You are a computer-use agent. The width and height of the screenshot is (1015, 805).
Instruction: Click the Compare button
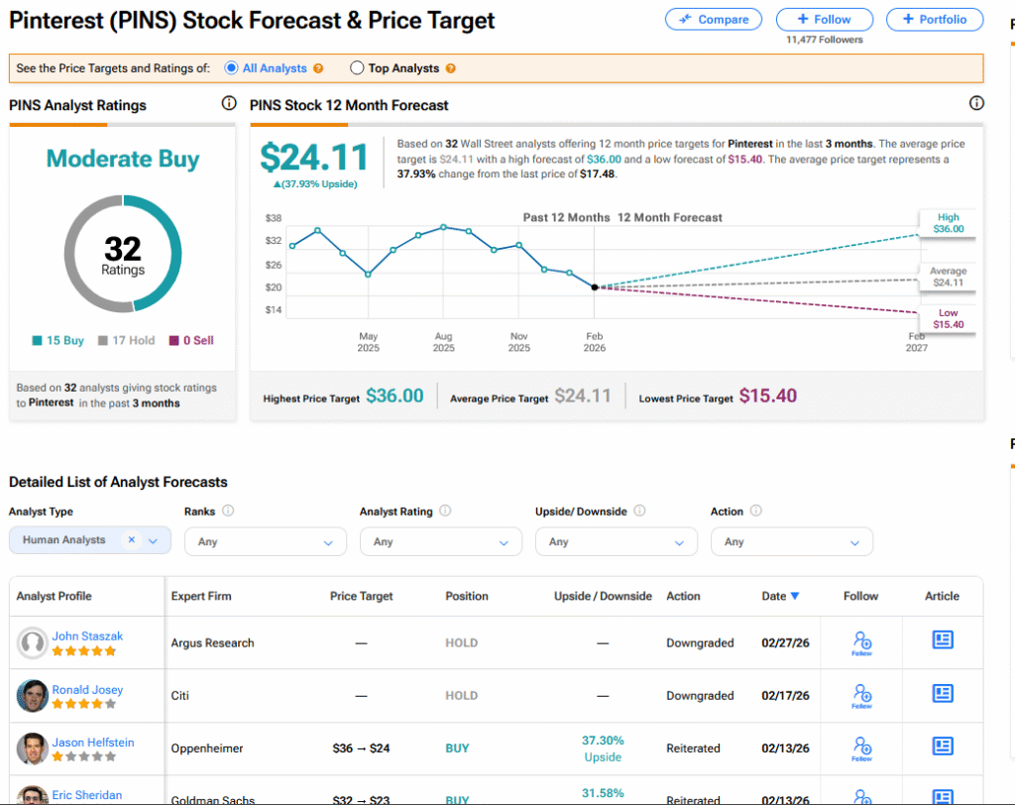tap(714, 19)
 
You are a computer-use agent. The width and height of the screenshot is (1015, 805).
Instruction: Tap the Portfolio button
tap(934, 19)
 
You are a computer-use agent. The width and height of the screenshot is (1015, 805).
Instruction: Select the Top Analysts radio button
tap(358, 68)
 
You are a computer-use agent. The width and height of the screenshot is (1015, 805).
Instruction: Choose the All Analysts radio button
tap(232, 68)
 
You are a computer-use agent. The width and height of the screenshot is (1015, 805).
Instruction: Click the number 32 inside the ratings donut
tap(123, 249)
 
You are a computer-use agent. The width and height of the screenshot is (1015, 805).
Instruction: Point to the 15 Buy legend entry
tap(58, 340)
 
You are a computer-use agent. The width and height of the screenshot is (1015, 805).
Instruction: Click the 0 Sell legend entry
tap(192, 340)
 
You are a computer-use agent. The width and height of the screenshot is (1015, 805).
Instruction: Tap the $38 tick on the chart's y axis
tap(274, 218)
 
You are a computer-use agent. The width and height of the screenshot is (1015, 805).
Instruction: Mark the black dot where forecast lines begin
tap(595, 287)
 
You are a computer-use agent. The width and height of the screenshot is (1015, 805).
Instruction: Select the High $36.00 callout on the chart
tap(948, 223)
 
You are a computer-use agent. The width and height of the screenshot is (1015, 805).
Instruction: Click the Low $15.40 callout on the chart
tap(948, 318)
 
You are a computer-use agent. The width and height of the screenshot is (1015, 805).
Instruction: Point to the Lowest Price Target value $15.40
tap(768, 397)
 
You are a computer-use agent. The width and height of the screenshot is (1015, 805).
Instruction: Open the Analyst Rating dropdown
tap(440, 542)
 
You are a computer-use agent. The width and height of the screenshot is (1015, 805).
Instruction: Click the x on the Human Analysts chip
tap(131, 540)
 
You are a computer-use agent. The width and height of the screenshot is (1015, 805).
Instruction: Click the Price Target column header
tap(361, 596)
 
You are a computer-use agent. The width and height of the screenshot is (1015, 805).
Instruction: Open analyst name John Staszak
tap(88, 636)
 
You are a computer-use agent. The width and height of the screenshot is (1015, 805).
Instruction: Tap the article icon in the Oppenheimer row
tap(942, 747)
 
